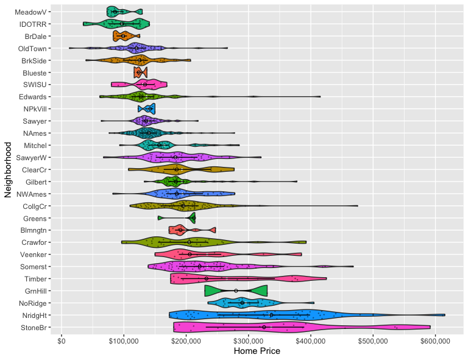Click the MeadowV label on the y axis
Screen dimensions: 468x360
pos(30,12)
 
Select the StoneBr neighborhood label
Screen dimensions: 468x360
pos(34,328)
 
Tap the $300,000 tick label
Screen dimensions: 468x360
pos(249,341)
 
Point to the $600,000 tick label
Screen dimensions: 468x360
pos(435,341)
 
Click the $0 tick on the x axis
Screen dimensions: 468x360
pos(62,341)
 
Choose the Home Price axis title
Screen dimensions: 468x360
pos(257,351)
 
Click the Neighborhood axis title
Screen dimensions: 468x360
pos(8,170)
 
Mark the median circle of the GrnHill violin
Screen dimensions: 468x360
pos(236,291)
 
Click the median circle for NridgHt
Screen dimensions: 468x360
pos(271,315)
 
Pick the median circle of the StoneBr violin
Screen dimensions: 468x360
pos(264,327)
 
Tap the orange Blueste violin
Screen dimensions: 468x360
pos(141,72)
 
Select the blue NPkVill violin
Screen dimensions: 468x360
pos(146,109)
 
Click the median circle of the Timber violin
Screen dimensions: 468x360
pos(207,278)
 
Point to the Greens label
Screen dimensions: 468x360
pos(35,219)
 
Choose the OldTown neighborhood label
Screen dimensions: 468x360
pos(32,49)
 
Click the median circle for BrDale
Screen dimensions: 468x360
pos(123,36)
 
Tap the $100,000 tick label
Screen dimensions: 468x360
pos(124,341)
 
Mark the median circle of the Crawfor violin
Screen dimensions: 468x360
pos(190,242)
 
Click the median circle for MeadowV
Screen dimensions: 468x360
pos(115,12)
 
